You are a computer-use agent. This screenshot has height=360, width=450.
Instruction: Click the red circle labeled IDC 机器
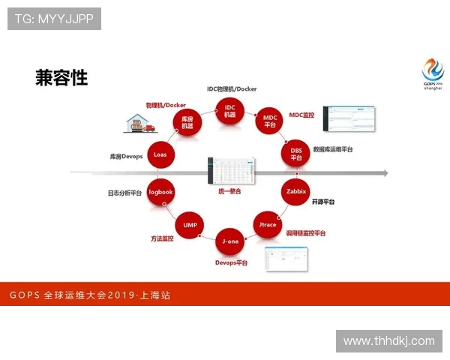229,112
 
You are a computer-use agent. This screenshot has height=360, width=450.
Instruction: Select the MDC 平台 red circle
270,121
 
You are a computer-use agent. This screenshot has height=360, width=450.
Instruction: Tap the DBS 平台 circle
296,154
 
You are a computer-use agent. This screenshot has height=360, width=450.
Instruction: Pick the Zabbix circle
296,191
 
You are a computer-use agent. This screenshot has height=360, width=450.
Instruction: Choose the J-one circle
230,241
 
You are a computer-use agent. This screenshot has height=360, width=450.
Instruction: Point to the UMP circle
189,224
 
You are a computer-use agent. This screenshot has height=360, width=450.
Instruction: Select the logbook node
160,192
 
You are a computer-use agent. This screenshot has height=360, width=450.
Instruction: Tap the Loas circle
160,154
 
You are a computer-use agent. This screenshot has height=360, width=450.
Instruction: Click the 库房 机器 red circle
187,121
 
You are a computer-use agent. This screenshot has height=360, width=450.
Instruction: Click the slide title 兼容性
61,77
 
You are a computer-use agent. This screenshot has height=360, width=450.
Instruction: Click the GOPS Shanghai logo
432,74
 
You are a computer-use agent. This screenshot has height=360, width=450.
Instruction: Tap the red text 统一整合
229,191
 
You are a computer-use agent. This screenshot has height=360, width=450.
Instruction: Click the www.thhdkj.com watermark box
388,340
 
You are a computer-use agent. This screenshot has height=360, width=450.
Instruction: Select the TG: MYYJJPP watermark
54,19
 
